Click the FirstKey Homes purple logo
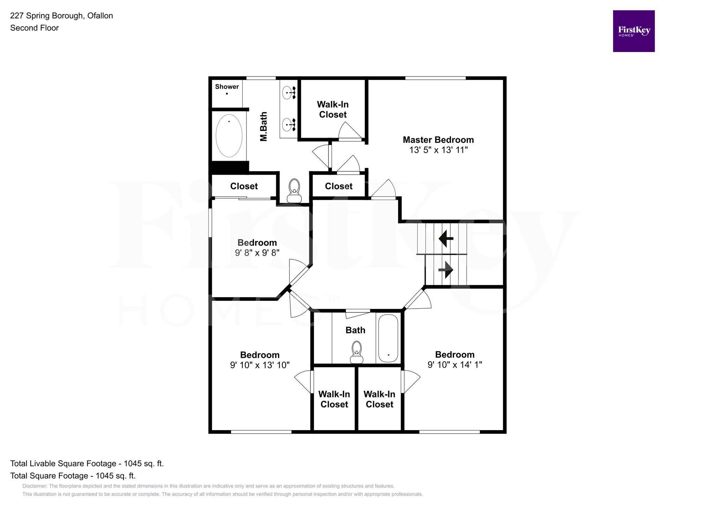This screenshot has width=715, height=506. click(633, 31)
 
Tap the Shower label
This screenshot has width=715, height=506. click(227, 87)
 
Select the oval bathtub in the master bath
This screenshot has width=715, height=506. click(229, 136)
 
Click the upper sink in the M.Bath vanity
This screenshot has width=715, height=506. click(287, 93)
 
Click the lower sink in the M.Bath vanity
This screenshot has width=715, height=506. click(287, 124)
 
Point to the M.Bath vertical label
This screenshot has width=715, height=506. click(264, 126)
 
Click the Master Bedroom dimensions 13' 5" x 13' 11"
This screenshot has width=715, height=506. click(438, 150)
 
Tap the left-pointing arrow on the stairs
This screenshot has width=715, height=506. click(446, 239)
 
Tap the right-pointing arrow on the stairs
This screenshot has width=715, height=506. click(446, 270)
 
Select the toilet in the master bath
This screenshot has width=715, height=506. click(294, 191)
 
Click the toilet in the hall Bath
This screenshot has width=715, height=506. click(356, 353)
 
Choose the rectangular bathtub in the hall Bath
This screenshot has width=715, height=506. click(388, 338)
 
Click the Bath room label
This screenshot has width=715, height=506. click(355, 330)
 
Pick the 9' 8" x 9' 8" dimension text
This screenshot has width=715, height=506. click(257, 253)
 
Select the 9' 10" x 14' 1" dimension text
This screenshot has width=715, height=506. click(455, 365)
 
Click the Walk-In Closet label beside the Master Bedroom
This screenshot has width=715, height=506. click(333, 109)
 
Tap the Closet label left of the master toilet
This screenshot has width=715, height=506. click(244, 186)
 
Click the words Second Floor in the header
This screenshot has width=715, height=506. click(34, 28)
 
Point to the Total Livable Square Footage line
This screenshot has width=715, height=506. click(87, 463)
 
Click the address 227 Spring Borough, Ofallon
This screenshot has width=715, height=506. click(61, 16)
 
